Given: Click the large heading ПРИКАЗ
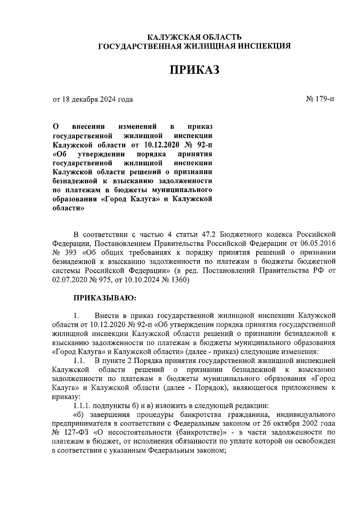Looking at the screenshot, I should tap(195, 70).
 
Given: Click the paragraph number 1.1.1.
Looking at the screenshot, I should tap(82, 406).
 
